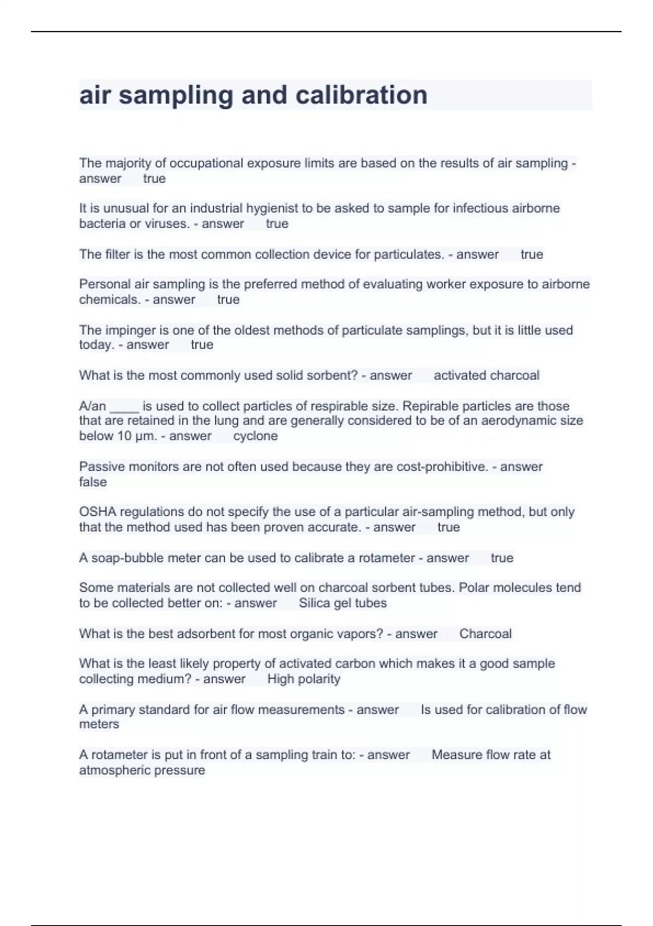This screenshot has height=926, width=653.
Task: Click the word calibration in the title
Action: coord(361,95)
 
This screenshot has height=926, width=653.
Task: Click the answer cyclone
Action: coord(255,436)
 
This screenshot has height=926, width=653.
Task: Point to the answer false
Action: coord(93,482)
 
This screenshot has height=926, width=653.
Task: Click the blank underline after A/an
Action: coord(124,406)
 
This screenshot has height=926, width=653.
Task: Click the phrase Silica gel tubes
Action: coord(342,603)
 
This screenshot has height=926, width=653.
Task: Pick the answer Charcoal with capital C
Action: coord(485,633)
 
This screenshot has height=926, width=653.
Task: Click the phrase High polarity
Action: coord(304,679)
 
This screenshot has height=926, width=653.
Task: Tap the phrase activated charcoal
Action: coord(486,375)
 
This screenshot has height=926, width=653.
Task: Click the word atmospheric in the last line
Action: coord(114,770)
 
